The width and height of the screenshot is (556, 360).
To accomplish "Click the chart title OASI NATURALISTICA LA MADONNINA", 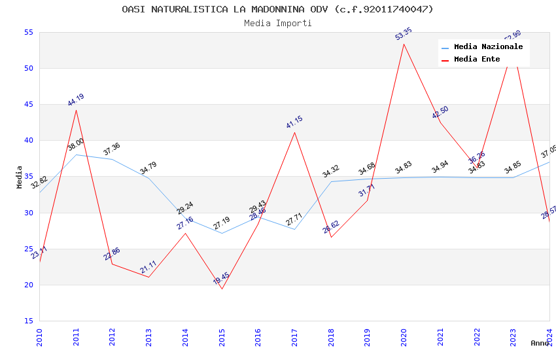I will pos(277,9).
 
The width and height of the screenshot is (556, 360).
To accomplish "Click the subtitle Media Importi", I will pos(277,23).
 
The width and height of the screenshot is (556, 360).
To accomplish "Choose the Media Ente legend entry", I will pos(477,60).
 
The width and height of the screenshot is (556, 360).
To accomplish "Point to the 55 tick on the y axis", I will pos(27,33).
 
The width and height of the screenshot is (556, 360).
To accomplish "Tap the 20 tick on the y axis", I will pos(27,285).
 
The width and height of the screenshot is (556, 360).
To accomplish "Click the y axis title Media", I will pos(20,177).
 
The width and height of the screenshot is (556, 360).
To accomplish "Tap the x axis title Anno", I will pos(540,343).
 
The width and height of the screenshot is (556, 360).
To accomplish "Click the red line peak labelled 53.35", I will pos(404,44).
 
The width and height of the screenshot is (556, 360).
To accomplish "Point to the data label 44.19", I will pos(76,100).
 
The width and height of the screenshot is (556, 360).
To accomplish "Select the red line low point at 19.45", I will pos(222,289).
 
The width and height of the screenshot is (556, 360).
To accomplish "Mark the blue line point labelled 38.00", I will pos(77,154).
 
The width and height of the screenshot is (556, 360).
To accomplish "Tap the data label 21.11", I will pos(148,268).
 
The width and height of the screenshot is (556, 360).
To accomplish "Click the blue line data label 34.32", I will pos(331,172).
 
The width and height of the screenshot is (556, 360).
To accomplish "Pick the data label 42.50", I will pos(440,113).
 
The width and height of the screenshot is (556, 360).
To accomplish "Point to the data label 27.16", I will pos(185,224).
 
